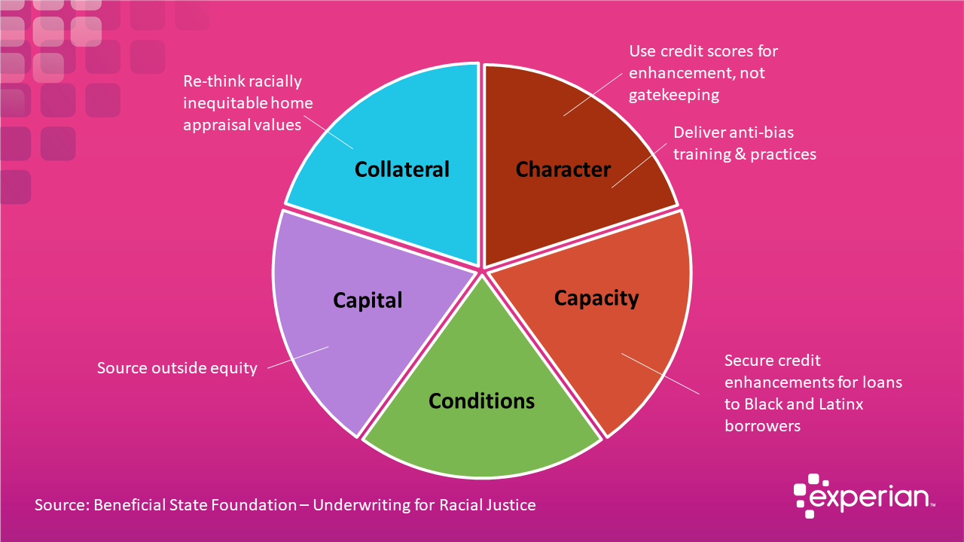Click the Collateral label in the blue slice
pyautogui.click(x=401, y=169)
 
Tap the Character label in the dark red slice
pyautogui.click(x=563, y=169)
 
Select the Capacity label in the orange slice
pyautogui.click(x=596, y=298)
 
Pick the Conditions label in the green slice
pyautogui.click(x=481, y=400)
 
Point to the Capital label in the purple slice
pyautogui.click(x=368, y=300)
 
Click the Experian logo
pyautogui.click(x=865, y=496)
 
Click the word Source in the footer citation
pyautogui.click(x=60, y=504)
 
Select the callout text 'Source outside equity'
pyautogui.click(x=177, y=368)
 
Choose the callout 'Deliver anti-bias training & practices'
pyautogui.click(x=744, y=143)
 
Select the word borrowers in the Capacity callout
pyautogui.click(x=762, y=425)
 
